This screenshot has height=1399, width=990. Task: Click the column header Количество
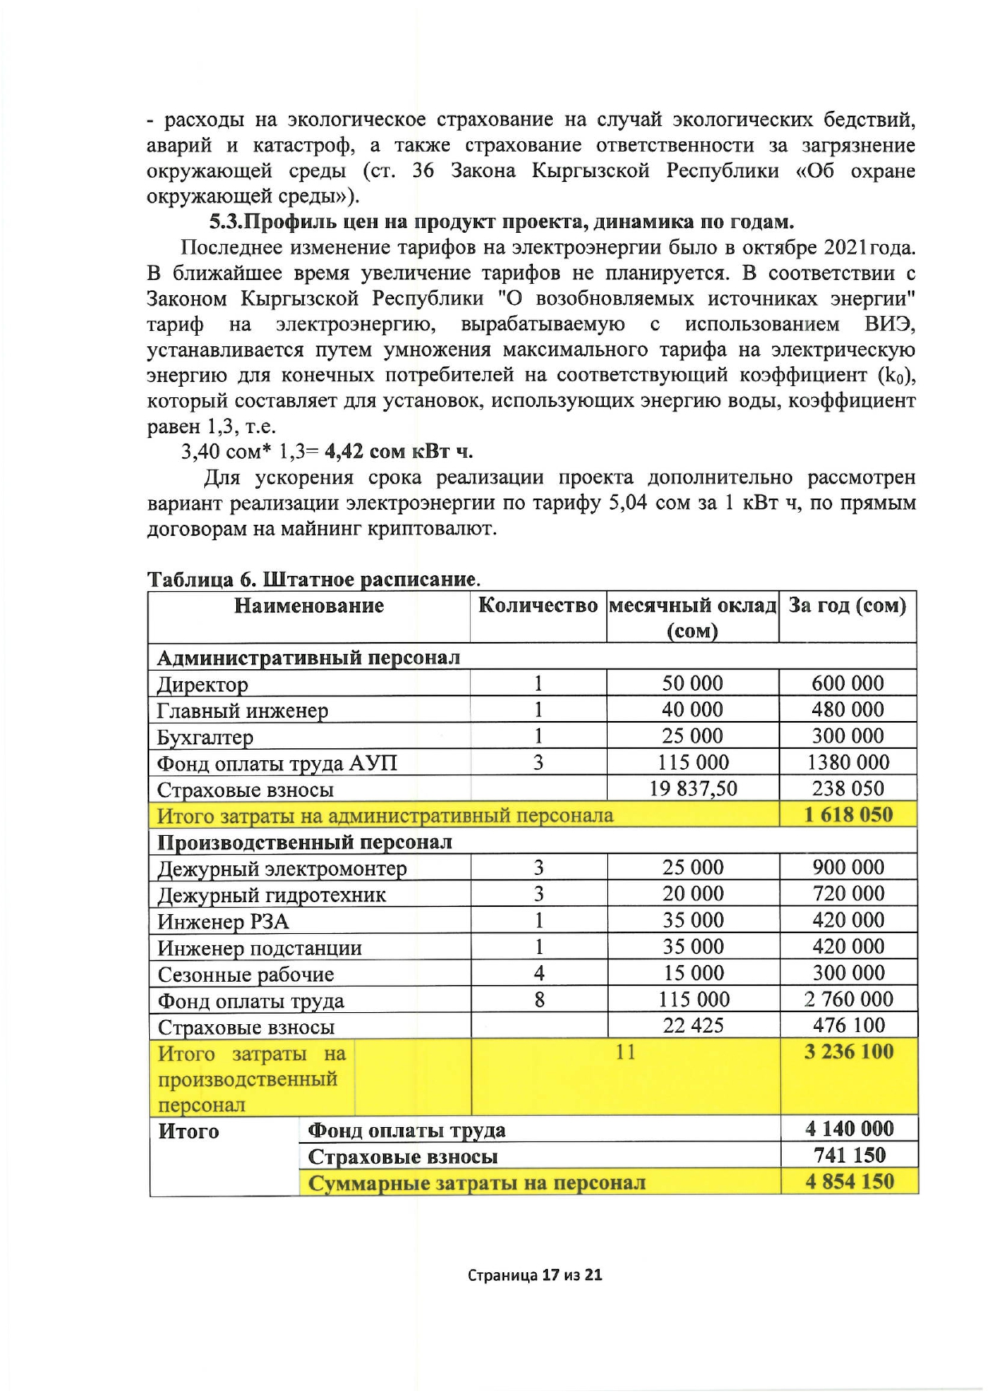538,605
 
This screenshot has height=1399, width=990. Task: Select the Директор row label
203,684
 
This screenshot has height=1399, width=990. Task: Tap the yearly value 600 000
847,684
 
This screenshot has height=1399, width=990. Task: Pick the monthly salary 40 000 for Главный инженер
692,710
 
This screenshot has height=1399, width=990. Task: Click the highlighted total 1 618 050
848,815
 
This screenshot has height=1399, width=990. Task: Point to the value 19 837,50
692,789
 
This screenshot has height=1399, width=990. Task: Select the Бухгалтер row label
205,737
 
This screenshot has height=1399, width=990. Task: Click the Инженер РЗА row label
223,922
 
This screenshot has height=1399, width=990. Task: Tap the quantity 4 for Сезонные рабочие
539,973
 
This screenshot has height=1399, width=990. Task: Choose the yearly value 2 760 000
848,999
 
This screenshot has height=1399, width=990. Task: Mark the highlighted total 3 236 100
848,1052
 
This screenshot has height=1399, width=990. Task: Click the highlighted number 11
625,1053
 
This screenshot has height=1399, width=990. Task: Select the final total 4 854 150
849,1182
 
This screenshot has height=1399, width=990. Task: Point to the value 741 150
849,1156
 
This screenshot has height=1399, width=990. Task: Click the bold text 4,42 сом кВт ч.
399,451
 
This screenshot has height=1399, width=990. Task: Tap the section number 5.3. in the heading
225,222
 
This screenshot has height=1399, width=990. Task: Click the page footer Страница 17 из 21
534,1275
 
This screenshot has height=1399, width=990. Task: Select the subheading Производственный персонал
305,842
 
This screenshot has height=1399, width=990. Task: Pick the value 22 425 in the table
692,1026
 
